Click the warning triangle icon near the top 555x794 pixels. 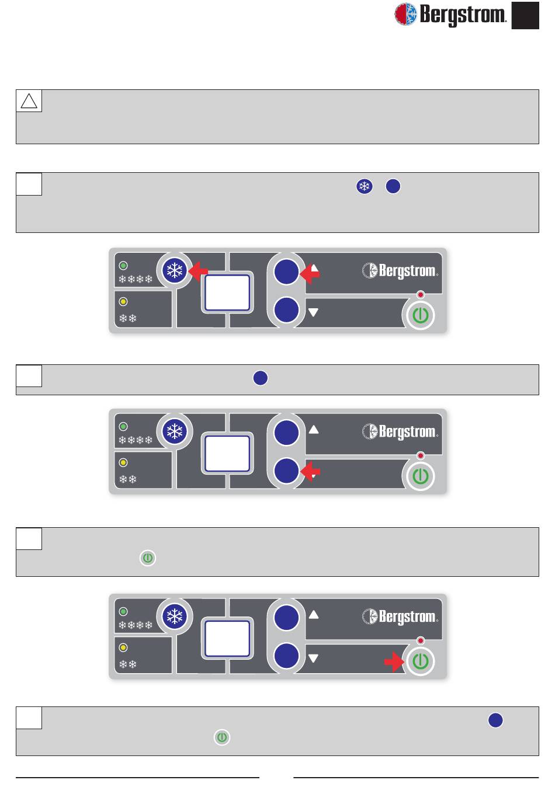click(x=29, y=101)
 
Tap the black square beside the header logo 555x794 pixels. click(x=525, y=15)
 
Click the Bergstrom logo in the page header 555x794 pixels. click(x=450, y=15)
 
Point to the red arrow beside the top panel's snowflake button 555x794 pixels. click(x=199, y=271)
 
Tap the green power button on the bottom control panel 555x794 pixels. click(x=420, y=661)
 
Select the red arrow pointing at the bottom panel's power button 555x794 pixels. click(x=394, y=661)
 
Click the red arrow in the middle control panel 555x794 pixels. click(x=310, y=471)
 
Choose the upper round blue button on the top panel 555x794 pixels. click(x=286, y=272)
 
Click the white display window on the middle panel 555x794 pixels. click(x=228, y=453)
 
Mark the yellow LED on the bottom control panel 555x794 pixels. click(x=123, y=647)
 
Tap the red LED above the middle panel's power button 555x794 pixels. click(x=420, y=455)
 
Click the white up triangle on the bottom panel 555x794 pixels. click(x=314, y=614)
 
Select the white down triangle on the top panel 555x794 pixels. click(x=314, y=312)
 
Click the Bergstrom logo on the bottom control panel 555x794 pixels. click(x=400, y=617)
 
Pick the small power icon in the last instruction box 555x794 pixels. click(x=222, y=737)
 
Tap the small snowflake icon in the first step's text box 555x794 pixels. click(x=365, y=187)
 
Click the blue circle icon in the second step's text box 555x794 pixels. click(x=261, y=378)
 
